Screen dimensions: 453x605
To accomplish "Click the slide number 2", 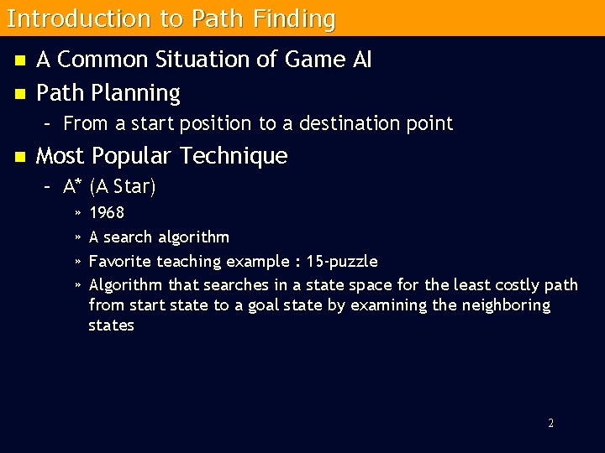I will pyautogui.click(x=550, y=423).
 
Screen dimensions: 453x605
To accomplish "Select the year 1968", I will pyautogui.click(x=107, y=212).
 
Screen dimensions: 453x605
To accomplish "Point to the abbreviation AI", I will pyautogui.click(x=359, y=60).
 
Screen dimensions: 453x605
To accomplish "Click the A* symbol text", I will pyautogui.click(x=71, y=186).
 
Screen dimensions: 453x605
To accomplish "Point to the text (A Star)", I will pyautogui.click(x=123, y=186).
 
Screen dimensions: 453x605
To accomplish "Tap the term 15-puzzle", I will pyautogui.click(x=342, y=261).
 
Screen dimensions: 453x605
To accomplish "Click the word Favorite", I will pyautogui.click(x=124, y=261).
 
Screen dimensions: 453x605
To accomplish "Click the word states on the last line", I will pyautogui.click(x=111, y=325).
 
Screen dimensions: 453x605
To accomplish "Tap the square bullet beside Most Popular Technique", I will pyautogui.click(x=19, y=156).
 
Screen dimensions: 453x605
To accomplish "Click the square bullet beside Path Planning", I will pyautogui.click(x=19, y=92).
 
